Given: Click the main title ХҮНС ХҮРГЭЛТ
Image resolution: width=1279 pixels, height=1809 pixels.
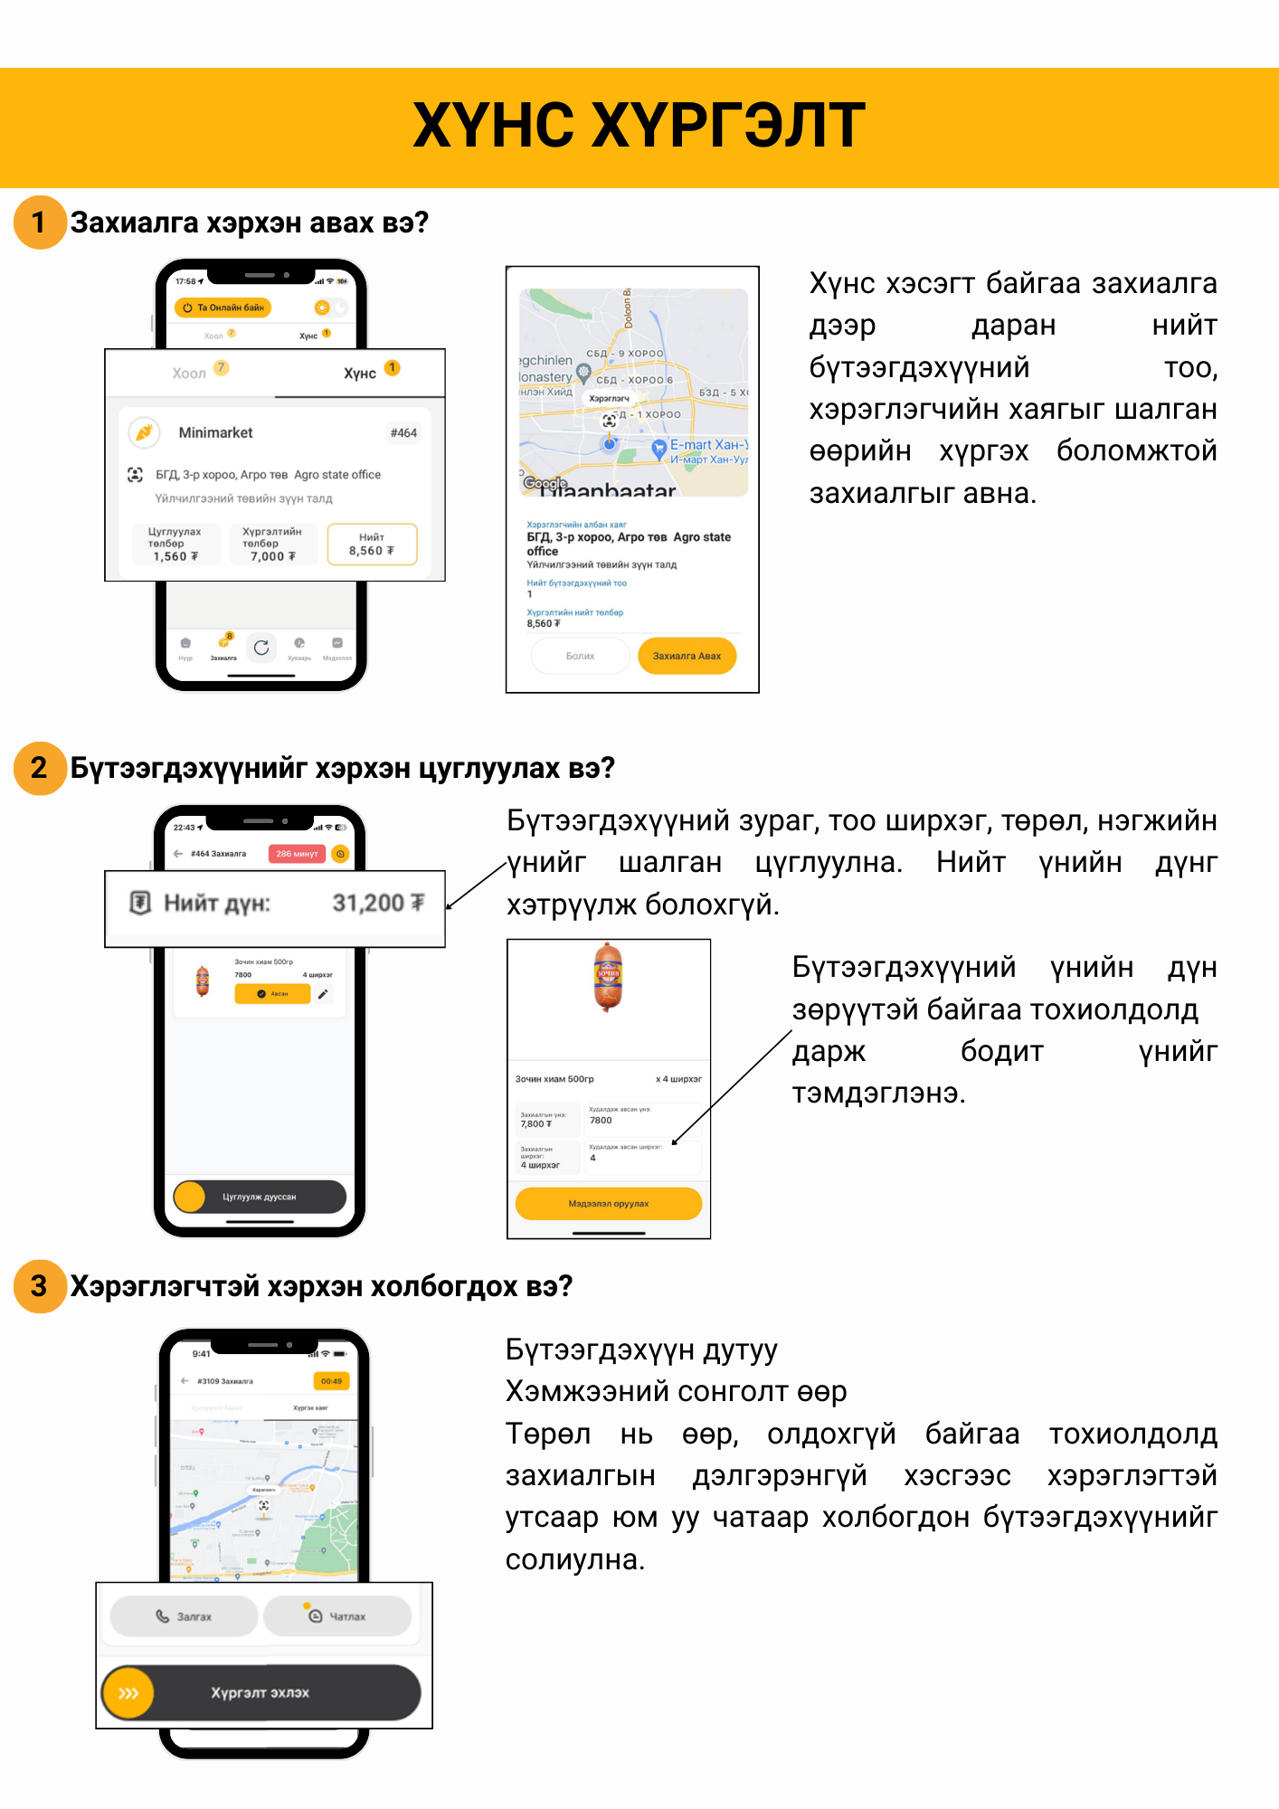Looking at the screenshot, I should (x=639, y=126).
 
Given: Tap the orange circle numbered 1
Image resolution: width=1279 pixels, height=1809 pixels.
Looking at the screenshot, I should (x=40, y=223).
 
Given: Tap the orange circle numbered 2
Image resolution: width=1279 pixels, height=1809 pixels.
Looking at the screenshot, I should (x=40, y=768).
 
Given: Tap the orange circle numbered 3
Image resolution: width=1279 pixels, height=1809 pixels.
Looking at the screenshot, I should (x=40, y=1286).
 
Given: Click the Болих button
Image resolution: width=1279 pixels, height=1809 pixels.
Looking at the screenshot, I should (x=580, y=656).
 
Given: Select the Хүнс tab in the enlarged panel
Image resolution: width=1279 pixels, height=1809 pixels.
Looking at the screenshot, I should (x=360, y=373).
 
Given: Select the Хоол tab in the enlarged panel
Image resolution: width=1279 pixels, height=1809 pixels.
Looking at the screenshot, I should (x=190, y=373).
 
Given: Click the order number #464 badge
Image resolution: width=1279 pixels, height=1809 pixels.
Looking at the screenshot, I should (x=403, y=433).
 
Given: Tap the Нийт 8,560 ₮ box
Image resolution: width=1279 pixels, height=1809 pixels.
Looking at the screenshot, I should (x=372, y=544).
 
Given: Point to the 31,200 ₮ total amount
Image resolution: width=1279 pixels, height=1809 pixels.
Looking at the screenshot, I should (x=377, y=903).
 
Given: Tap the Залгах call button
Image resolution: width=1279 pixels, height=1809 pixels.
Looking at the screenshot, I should (x=185, y=1616).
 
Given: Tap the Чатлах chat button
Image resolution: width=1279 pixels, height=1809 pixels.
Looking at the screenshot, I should (x=337, y=1616).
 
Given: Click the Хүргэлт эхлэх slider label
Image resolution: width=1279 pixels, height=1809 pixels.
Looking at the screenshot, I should (x=261, y=1692).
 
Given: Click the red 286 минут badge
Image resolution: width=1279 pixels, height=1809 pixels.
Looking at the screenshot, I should (x=297, y=853).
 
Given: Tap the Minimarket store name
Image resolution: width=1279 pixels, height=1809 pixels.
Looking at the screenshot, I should (x=215, y=433).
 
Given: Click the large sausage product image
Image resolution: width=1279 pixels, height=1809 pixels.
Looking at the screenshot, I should (x=608, y=978).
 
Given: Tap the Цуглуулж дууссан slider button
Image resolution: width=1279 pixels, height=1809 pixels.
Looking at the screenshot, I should (x=260, y=1197).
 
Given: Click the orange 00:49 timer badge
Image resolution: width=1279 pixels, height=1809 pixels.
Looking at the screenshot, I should (x=332, y=1381).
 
